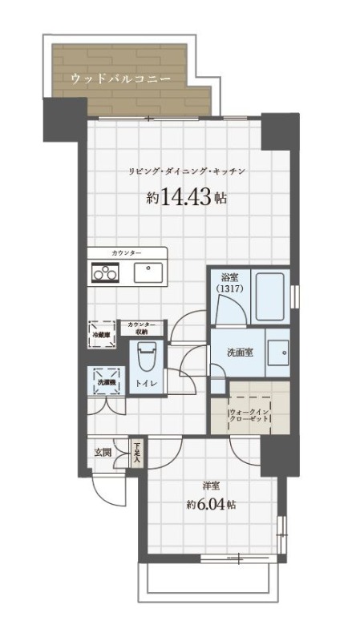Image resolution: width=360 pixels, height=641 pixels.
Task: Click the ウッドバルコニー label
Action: tap(120, 79)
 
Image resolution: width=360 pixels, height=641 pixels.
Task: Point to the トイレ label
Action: tap(146, 385)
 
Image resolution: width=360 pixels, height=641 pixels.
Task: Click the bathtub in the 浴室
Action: tap(269, 296)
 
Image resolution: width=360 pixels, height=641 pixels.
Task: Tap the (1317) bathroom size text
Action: tap(231, 288)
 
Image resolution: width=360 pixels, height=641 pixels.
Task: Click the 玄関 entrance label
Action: tap(103, 452)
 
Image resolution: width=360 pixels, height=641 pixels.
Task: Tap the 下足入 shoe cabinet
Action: tap(137, 453)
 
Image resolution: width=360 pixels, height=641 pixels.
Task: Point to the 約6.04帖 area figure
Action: tap(211, 505)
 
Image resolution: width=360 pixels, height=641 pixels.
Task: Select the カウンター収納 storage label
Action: tap(141, 327)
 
